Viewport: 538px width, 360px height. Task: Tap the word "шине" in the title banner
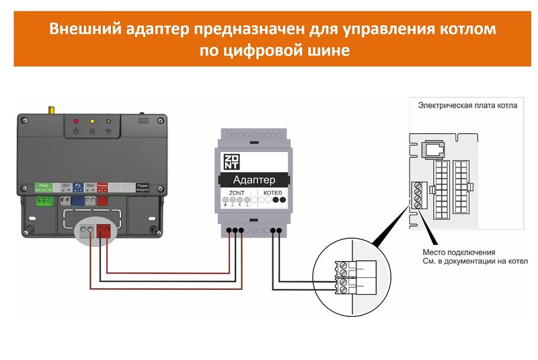[x=328, y=50]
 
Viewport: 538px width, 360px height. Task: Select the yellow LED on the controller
[x=92, y=120]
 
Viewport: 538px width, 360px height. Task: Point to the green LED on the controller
[x=108, y=120]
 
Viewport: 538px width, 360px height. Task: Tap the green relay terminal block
[x=45, y=200]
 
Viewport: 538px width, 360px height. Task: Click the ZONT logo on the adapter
[x=231, y=162]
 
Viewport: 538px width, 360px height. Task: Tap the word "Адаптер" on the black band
[x=253, y=180]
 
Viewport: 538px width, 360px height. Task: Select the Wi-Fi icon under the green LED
[x=108, y=131]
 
